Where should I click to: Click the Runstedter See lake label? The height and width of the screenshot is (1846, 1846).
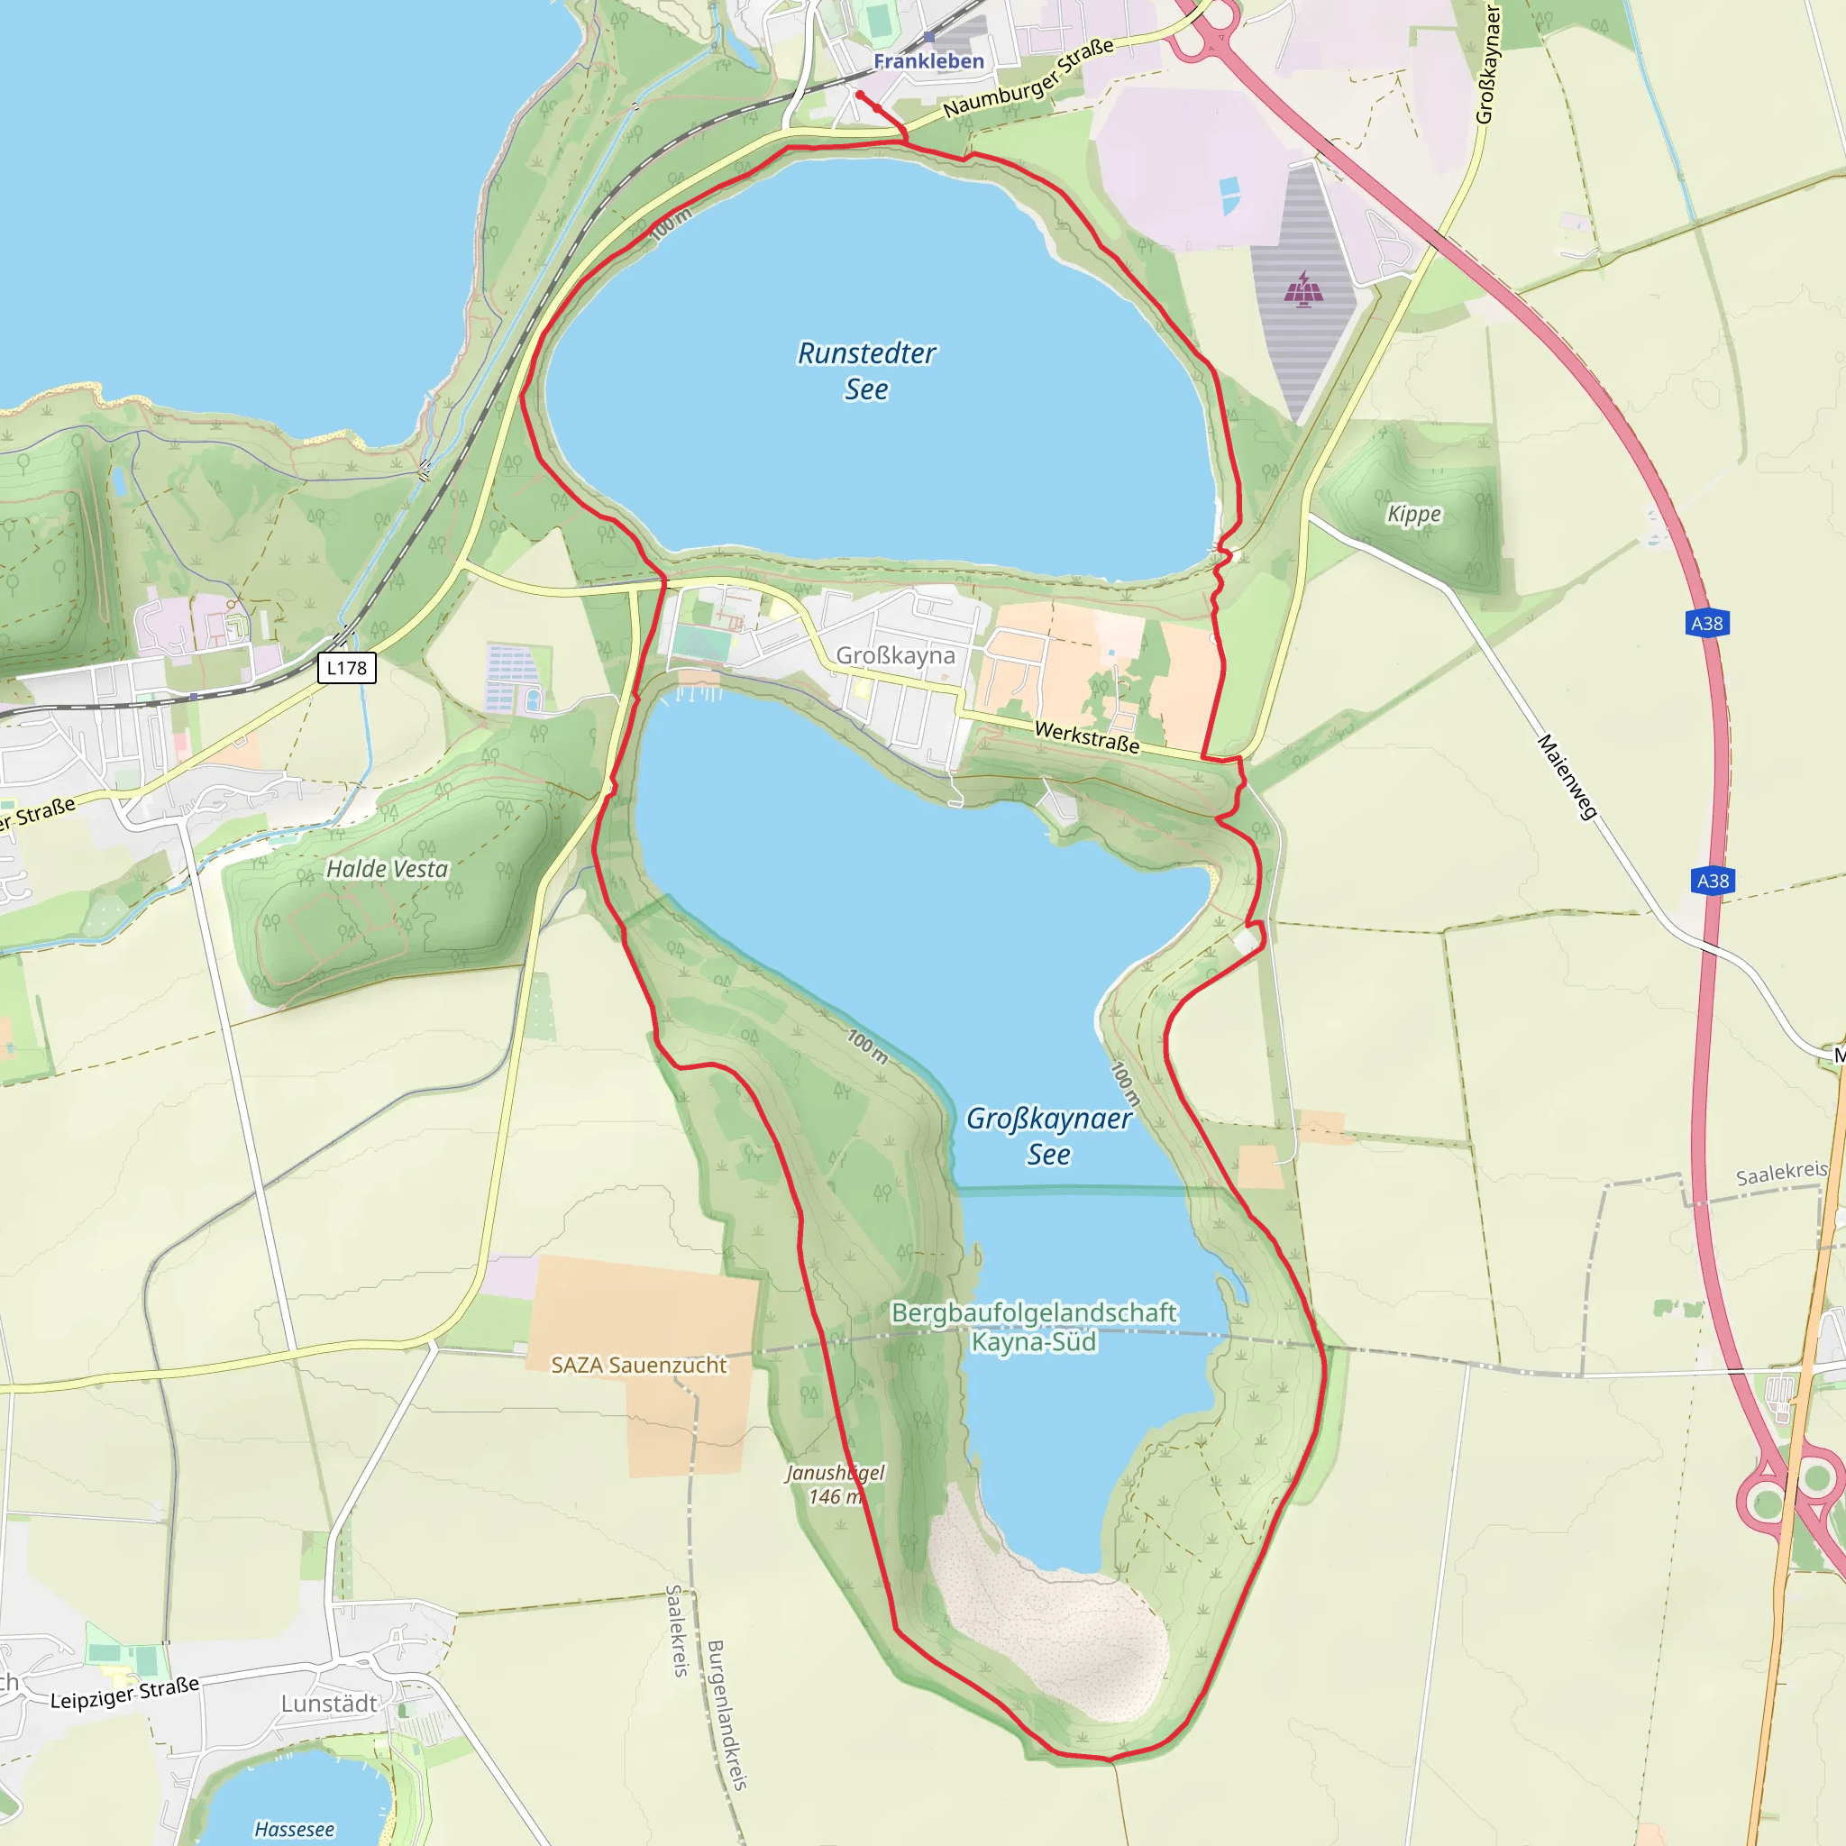coord(866,370)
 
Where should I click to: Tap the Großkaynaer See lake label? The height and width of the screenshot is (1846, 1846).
coord(1048,1136)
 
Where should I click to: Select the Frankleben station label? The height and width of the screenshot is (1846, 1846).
coord(928,61)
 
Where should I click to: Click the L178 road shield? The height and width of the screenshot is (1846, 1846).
coord(346,668)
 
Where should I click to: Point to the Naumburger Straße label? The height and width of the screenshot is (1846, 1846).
coord(1028,78)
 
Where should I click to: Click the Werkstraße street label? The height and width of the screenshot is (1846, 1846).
coord(1086,736)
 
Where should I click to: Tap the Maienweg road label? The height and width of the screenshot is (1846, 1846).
coord(1567,776)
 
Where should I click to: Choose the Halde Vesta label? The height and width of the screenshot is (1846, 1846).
coord(387,869)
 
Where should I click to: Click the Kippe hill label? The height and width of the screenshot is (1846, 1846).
coord(1413,514)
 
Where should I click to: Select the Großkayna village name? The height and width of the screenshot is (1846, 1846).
coord(895,655)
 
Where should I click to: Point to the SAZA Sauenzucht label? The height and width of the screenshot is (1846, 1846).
coord(638,1366)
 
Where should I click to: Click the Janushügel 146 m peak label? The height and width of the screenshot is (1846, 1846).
coord(835,1484)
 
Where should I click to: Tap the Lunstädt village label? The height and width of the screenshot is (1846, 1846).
coord(330,1704)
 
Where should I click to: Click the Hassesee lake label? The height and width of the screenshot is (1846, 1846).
coord(294,1829)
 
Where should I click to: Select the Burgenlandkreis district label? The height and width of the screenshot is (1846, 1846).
coord(727,1714)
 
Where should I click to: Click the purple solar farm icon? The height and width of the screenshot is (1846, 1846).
coord(1303,288)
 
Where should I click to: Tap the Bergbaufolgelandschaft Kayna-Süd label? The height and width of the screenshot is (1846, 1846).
coord(1034,1327)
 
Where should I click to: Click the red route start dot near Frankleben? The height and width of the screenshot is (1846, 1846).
coord(860,95)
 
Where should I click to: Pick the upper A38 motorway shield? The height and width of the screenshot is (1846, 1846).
coord(1706,624)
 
